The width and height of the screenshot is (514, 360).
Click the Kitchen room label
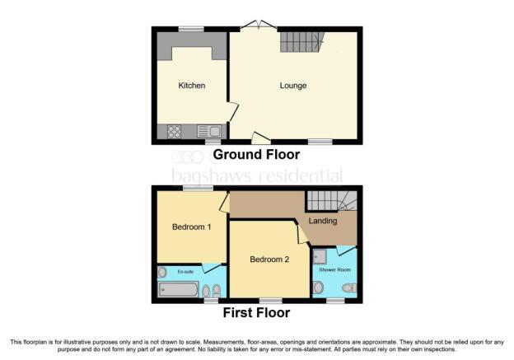[192, 85]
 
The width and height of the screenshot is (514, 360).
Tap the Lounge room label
[293, 85]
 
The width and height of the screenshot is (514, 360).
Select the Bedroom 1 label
[191, 227]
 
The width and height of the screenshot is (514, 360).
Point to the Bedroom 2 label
[269, 259]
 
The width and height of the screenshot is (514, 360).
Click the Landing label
[323, 221]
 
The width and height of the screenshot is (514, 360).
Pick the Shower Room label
[334, 270]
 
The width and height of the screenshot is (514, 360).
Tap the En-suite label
[185, 272]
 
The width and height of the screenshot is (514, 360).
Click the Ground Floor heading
[256, 154]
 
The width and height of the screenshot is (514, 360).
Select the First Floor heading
[256, 313]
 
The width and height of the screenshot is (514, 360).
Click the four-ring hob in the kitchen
[175, 132]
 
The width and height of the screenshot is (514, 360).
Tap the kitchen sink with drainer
[209, 132]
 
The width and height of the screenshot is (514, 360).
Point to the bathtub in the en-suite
[179, 289]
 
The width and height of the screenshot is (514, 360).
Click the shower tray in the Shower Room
[320, 257]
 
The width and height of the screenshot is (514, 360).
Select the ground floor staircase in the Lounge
[301, 42]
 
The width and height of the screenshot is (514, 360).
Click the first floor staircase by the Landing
[332, 201]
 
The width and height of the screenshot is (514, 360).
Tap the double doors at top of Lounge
[259, 26]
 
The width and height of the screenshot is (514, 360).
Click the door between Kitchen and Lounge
[233, 111]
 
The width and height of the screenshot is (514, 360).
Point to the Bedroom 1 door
[225, 203]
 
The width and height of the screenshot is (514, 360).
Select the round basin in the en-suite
[162, 272]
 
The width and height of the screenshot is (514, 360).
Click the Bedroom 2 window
[271, 301]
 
